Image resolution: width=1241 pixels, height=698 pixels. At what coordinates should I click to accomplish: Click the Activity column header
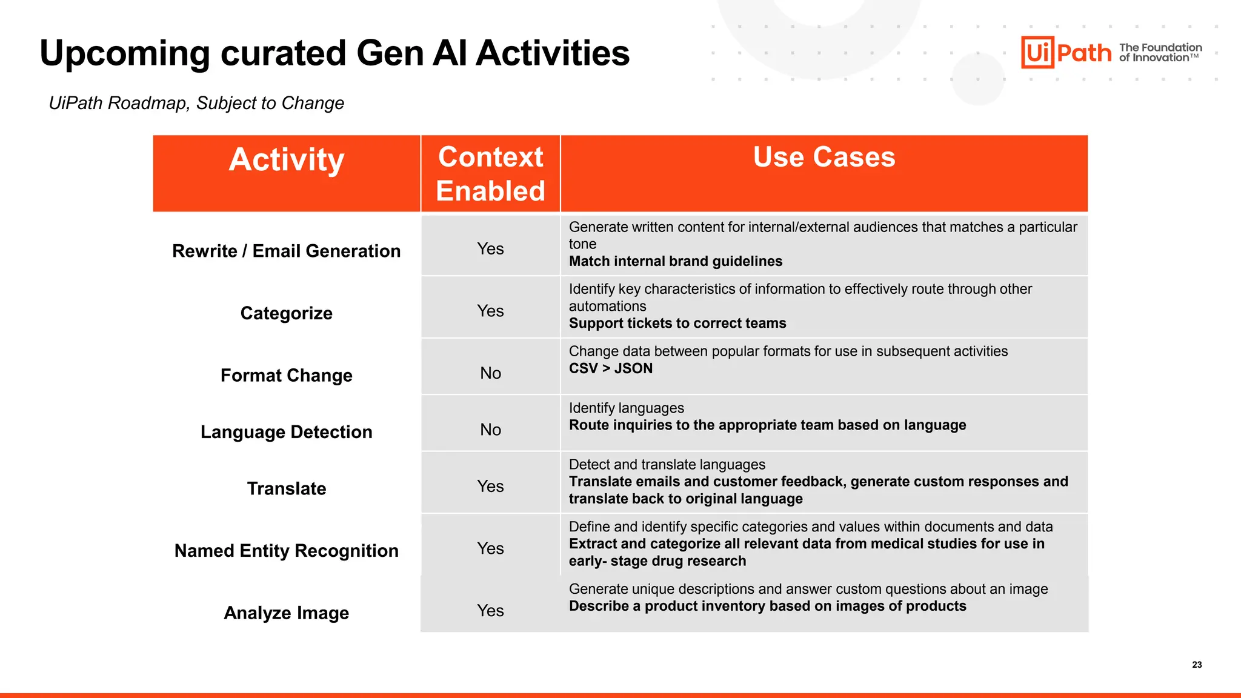pos(286,160)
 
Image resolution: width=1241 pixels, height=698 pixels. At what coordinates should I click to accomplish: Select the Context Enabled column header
pos(490,174)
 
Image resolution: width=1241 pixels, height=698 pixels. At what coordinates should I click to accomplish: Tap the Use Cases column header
pos(824,157)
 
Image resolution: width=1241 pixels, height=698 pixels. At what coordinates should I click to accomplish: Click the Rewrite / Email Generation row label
pos(286,251)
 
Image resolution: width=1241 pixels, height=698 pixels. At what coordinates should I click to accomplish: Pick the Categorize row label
pos(286,313)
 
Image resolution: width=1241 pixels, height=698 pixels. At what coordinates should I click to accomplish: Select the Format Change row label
pos(286,376)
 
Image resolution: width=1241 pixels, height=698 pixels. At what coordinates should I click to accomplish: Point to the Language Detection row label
pos(286,432)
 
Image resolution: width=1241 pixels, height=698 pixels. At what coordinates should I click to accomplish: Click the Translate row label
pos(286,488)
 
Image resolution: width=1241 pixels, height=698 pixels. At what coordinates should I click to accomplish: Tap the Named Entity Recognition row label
pos(286,551)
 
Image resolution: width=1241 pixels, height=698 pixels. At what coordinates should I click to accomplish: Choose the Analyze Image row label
pos(286,613)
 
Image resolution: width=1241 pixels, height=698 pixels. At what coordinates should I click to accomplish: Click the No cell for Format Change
pos(490,373)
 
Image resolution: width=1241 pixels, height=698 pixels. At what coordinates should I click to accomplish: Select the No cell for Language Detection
pos(490,430)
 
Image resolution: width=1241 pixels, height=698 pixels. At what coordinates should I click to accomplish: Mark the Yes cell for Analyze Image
pos(490,611)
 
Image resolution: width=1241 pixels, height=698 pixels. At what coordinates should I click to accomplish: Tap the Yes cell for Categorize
pos(490,311)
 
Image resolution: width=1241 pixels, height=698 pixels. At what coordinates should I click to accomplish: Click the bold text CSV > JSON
pos(610,368)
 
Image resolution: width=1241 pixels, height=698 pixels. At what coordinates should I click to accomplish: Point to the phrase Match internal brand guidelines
pos(675,261)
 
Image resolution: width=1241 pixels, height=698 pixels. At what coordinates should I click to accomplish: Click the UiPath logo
pos(1066,53)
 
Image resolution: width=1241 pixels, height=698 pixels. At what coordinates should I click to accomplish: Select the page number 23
pos(1197,665)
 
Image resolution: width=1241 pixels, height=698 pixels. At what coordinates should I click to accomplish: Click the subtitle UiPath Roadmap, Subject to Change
pos(196,103)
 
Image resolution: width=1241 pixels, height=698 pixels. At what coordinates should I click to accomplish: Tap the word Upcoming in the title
pos(125,53)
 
